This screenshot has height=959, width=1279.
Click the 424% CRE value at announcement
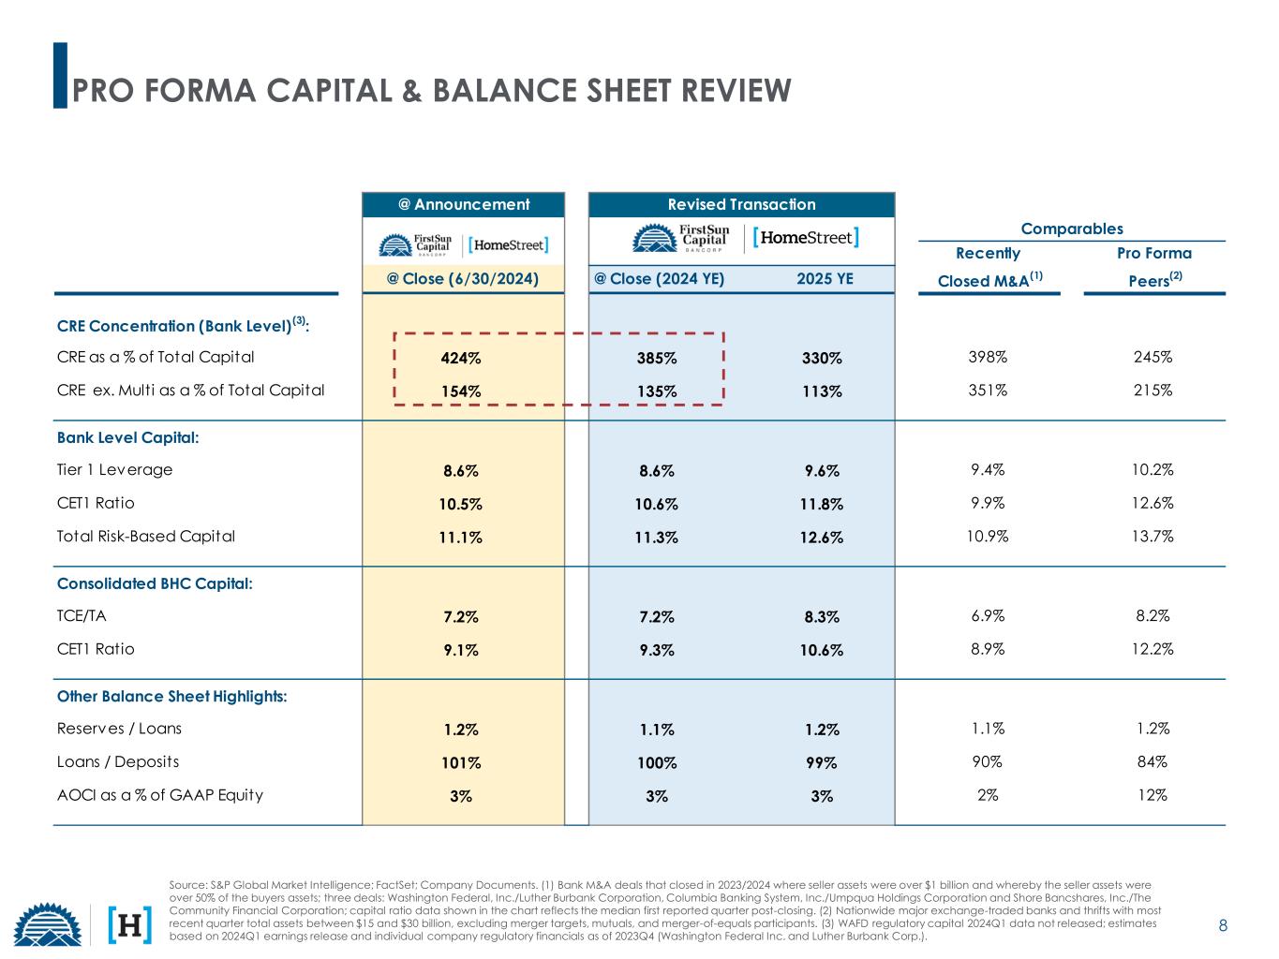[461, 358]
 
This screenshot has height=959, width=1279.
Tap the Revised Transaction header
[741, 204]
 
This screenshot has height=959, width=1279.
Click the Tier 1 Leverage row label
[115, 469]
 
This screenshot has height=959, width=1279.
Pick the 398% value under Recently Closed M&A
[988, 357]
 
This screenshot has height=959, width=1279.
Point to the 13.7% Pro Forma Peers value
[1153, 536]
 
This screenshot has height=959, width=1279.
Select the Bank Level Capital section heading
[128, 437]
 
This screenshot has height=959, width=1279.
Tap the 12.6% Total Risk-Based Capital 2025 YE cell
[821, 537]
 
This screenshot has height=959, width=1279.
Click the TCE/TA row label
[82, 616]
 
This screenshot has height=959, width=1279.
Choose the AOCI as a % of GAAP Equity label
[160, 795]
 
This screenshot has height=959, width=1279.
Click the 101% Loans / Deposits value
[461, 762]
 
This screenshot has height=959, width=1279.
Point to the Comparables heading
[1071, 229]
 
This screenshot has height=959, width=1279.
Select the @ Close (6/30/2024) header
[463, 278]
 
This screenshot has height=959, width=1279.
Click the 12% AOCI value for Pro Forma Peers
[1153, 795]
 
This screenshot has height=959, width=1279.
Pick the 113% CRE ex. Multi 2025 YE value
[821, 391]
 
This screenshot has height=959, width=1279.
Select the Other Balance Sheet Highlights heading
[171, 696]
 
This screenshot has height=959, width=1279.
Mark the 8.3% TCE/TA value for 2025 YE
[821, 616]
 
